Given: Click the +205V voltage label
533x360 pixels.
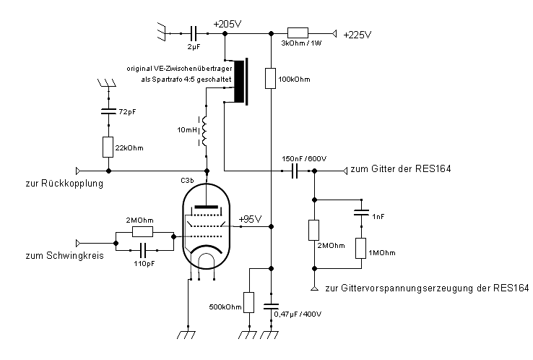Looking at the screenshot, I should [227, 24].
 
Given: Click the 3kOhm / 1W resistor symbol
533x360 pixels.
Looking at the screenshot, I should [298, 33].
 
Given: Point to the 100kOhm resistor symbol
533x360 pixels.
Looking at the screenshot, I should [270, 78].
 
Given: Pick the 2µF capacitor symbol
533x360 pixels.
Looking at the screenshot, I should [193, 33].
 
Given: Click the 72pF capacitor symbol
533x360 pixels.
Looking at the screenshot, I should [108, 112].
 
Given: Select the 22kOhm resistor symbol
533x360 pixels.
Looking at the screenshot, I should [108, 147].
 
